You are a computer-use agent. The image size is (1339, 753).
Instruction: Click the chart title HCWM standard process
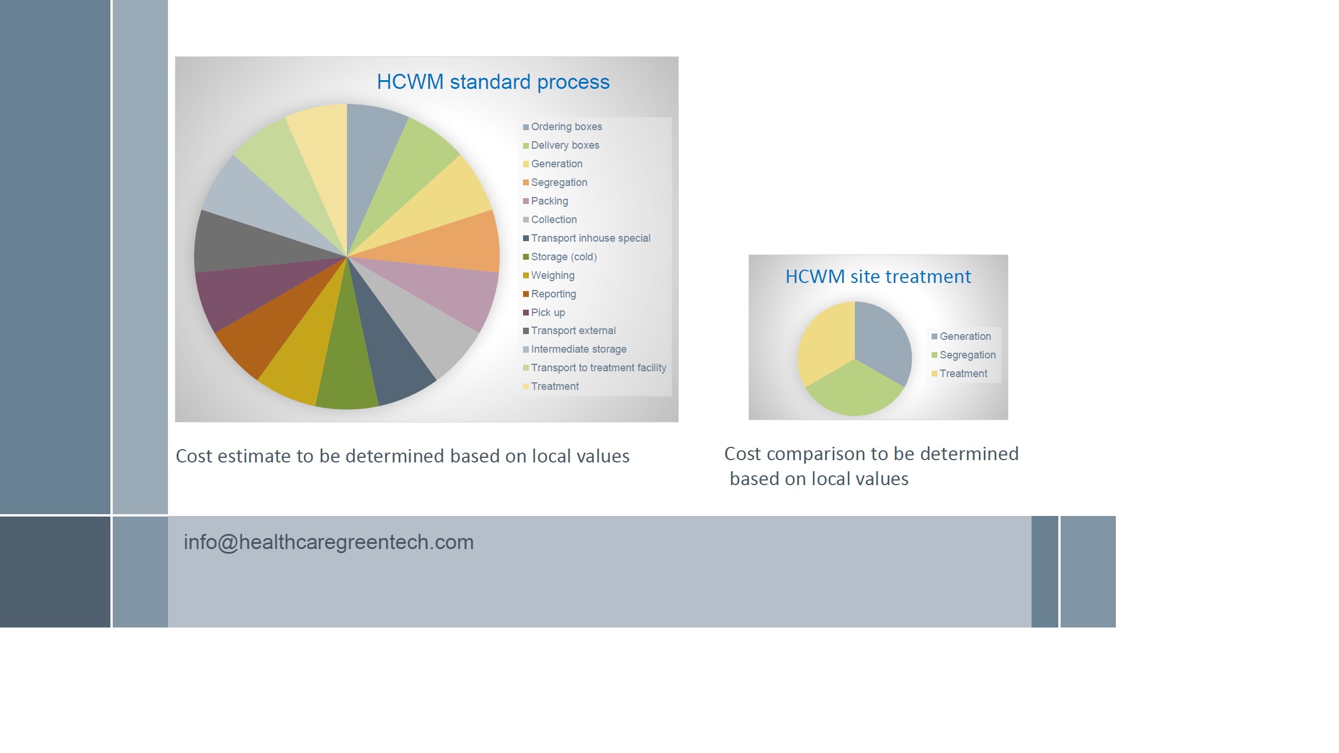pyautogui.click(x=493, y=82)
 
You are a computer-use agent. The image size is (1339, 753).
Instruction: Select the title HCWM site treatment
pyautogui.click(x=878, y=277)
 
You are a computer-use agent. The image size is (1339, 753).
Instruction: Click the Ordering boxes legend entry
pyautogui.click(x=566, y=127)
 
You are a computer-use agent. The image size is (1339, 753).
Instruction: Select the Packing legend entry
pyautogui.click(x=549, y=201)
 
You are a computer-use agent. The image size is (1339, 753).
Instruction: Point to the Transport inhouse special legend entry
pyautogui.click(x=590, y=238)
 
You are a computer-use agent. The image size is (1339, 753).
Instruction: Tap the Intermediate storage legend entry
pyautogui.click(x=578, y=349)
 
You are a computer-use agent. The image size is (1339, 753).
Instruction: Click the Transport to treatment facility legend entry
pyautogui.click(x=598, y=368)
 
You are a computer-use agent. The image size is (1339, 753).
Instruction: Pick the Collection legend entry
pyautogui.click(x=553, y=220)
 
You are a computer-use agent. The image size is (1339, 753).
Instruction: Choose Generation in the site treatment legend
pyautogui.click(x=965, y=336)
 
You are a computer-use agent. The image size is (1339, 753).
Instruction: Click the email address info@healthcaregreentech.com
pyautogui.click(x=328, y=542)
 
